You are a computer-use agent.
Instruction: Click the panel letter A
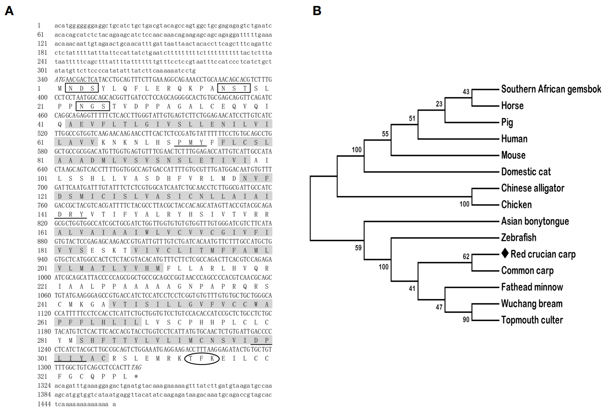pos(9,11)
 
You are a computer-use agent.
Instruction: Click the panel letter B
pos(317,11)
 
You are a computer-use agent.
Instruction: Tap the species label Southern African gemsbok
pos(551,89)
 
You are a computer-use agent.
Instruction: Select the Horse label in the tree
pos(512,106)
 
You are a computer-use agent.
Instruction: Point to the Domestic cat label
pos(526,172)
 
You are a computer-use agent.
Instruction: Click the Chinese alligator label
pos(533,188)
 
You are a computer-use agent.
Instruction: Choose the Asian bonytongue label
pos(535,221)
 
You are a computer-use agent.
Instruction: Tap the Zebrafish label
pos(519,238)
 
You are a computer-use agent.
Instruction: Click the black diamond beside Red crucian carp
pos(505,254)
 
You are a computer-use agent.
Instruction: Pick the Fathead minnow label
pos(532,287)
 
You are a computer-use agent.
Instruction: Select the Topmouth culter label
pos(532,320)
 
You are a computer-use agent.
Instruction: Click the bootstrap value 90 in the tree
pos(466,320)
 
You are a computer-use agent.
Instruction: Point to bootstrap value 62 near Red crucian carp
pos(466,257)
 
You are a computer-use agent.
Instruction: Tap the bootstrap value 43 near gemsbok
pos(466,92)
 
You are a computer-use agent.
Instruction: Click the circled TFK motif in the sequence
pos(202,358)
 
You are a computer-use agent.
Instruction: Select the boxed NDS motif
pos(82,88)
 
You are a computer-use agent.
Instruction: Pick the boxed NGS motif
pos(93,107)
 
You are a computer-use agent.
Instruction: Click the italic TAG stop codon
pos(136,367)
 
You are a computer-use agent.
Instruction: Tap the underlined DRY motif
pos(70,214)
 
